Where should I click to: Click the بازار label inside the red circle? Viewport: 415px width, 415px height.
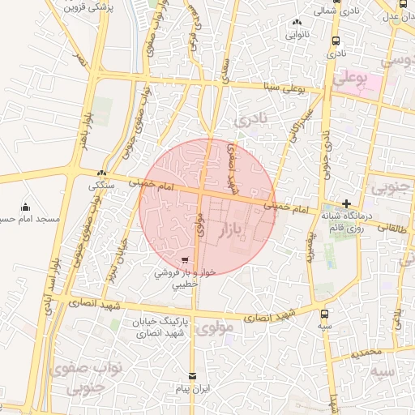[233, 233]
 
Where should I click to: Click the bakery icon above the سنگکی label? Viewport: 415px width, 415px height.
[101, 173]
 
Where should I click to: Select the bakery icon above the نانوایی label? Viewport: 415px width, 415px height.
[297, 23]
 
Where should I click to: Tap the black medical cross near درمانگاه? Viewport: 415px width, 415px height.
[346, 204]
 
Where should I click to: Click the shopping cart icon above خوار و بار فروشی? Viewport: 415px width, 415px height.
[186, 261]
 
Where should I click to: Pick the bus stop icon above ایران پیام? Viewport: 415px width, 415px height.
[192, 376]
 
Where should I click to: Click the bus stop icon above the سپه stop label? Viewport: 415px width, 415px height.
[325, 314]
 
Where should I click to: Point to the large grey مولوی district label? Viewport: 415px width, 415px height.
[215, 328]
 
